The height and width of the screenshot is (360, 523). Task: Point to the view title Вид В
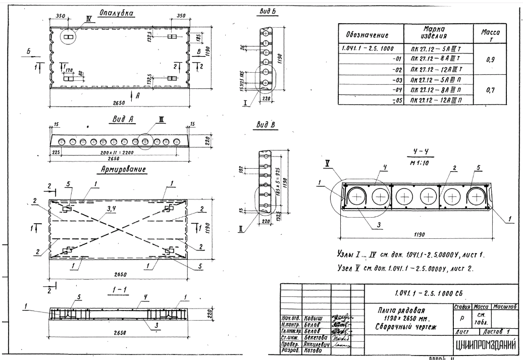point(266,124)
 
